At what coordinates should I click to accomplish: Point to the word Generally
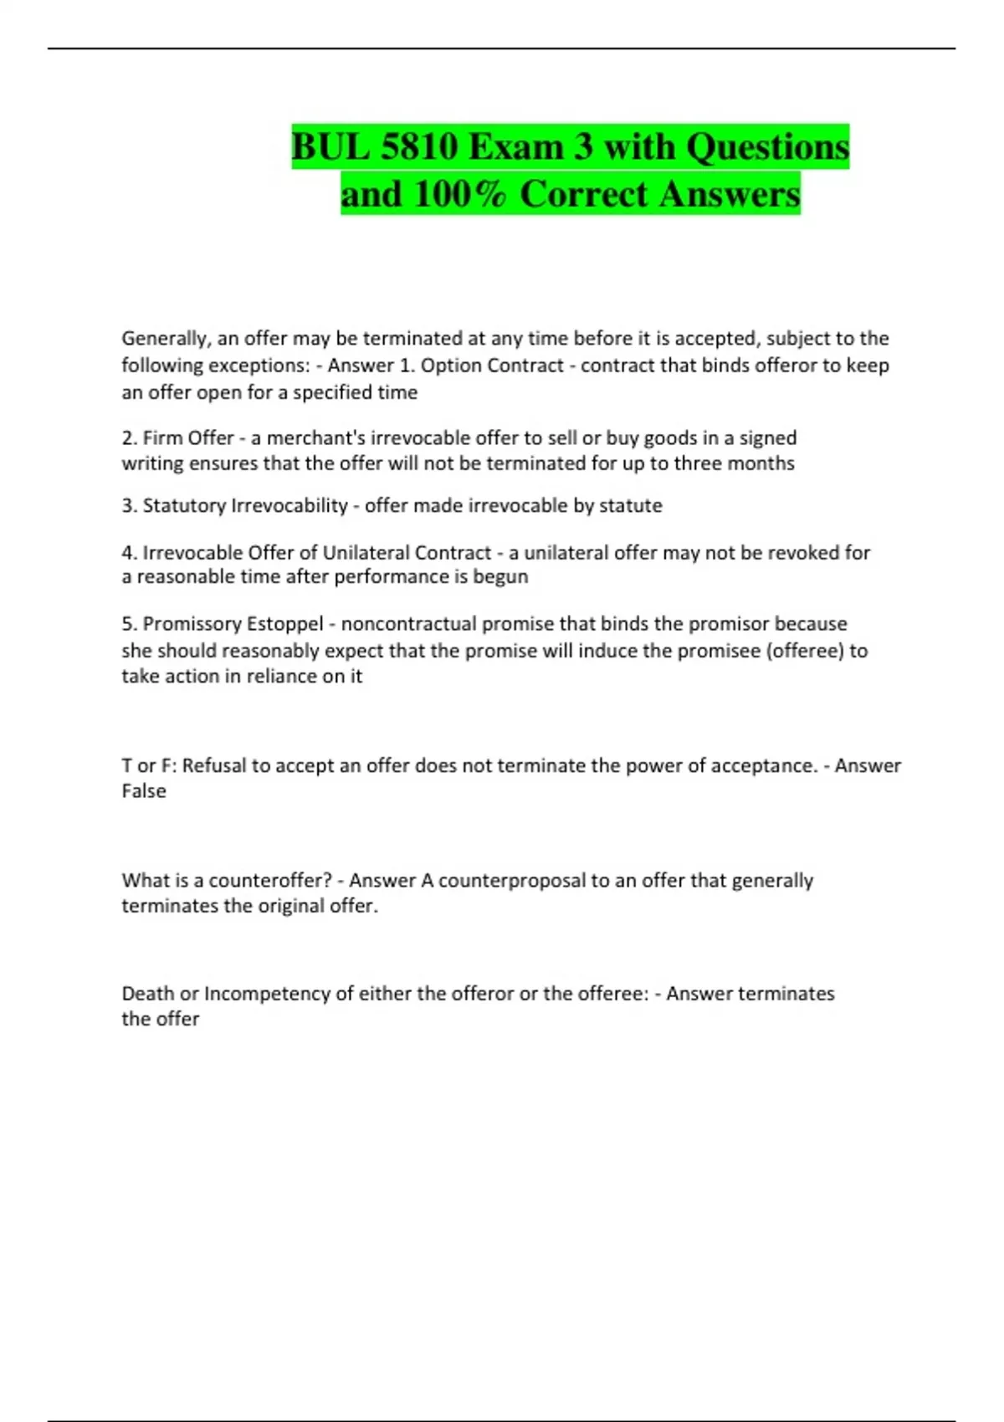tap(164, 339)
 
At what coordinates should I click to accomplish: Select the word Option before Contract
tap(450, 366)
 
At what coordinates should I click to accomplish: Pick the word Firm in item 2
tap(162, 437)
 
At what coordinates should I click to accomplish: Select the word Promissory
tap(190, 624)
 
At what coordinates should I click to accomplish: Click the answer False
tap(144, 791)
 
